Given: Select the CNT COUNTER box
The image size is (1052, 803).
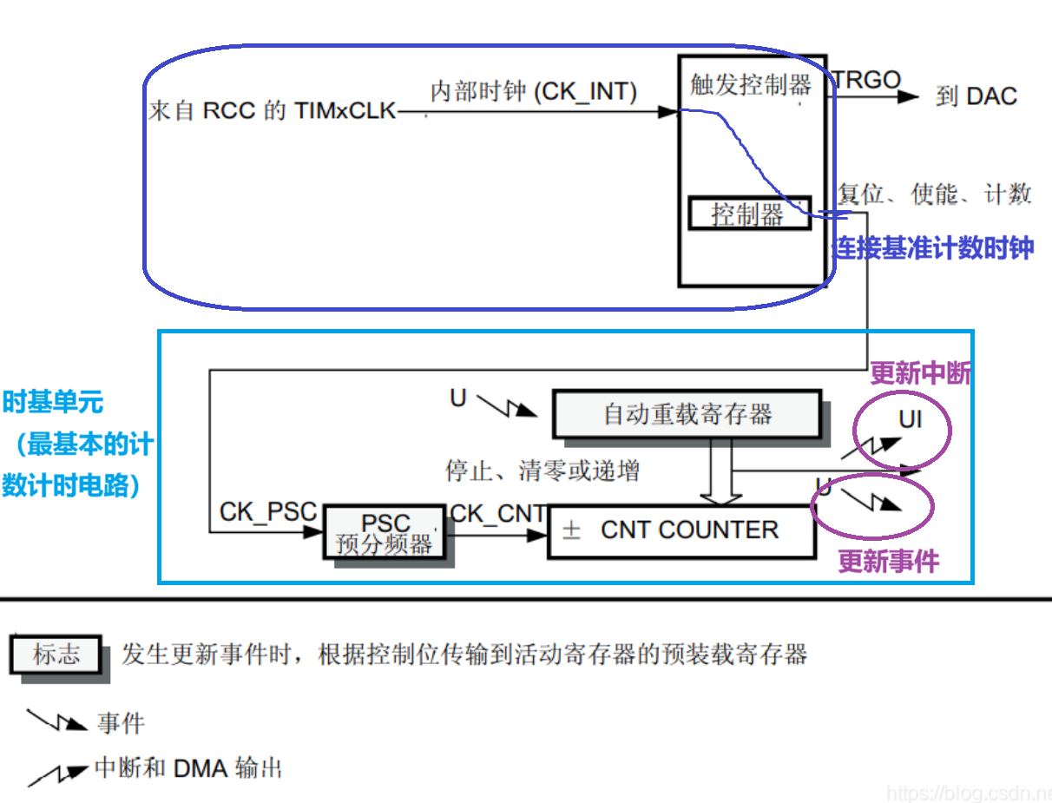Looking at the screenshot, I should pyautogui.click(x=682, y=530).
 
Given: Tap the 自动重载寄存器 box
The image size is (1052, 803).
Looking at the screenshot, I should pyautogui.click(x=687, y=414).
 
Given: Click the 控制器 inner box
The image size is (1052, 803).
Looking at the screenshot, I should pyautogui.click(x=749, y=213).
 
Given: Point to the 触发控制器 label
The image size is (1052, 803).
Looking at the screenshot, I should pyautogui.click(x=751, y=84).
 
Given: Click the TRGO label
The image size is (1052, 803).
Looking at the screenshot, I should pyautogui.click(x=867, y=81).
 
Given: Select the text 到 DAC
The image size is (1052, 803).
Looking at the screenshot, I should pyautogui.click(x=976, y=96).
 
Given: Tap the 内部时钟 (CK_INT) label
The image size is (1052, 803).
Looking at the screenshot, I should pyautogui.click(x=534, y=91).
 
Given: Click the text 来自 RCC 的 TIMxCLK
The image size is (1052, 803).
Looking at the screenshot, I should pyautogui.click(x=273, y=111).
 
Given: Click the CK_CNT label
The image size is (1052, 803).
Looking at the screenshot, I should pyautogui.click(x=498, y=514).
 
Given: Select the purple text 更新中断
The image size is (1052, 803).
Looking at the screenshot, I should pyautogui.click(x=920, y=373).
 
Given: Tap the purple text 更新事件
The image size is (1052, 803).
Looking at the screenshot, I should pyautogui.click(x=888, y=562).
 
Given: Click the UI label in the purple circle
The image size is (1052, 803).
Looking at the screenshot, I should pyautogui.click(x=911, y=421).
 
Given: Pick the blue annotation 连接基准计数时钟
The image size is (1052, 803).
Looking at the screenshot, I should pyautogui.click(x=933, y=248).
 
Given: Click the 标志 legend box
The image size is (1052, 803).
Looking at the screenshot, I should pyautogui.click(x=56, y=655).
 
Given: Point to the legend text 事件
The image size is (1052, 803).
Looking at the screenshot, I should pyautogui.click(x=121, y=723).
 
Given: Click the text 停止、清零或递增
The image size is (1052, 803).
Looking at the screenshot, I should pyautogui.click(x=542, y=471).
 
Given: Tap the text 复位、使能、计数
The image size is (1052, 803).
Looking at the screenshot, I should pyautogui.click(x=934, y=194).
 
